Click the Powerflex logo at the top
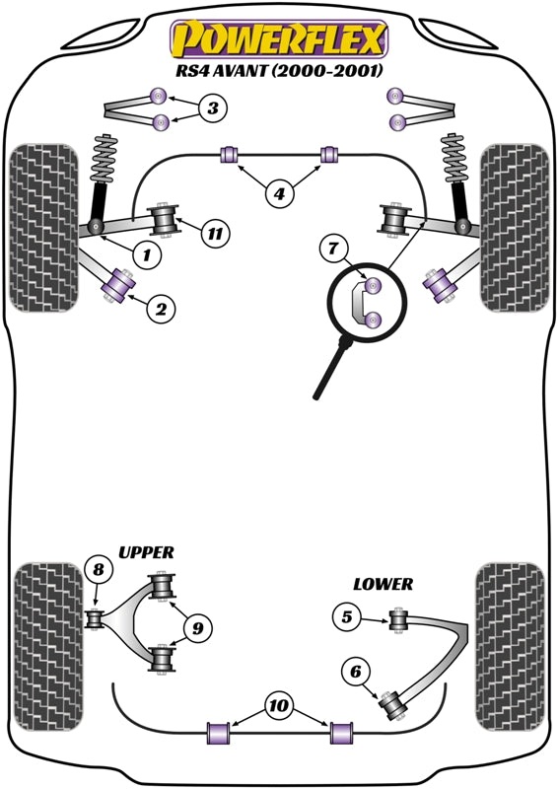coord(280,39)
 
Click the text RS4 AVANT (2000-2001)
coord(280,69)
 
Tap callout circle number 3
coord(213,108)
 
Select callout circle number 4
coord(279,192)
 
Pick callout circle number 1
coord(147,255)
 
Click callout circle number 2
coord(161,308)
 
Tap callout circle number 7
coord(334,249)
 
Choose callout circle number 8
coord(99,569)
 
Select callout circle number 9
coord(198,627)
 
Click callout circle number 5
coord(347,616)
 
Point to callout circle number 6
coord(356,671)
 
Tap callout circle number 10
coord(278,705)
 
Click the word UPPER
coord(146,552)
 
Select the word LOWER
coord(383,584)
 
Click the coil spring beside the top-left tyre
coord(105,159)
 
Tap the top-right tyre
coord(515,228)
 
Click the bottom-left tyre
coord(48,648)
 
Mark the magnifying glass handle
coord(330,371)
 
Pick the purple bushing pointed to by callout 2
coord(118,286)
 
